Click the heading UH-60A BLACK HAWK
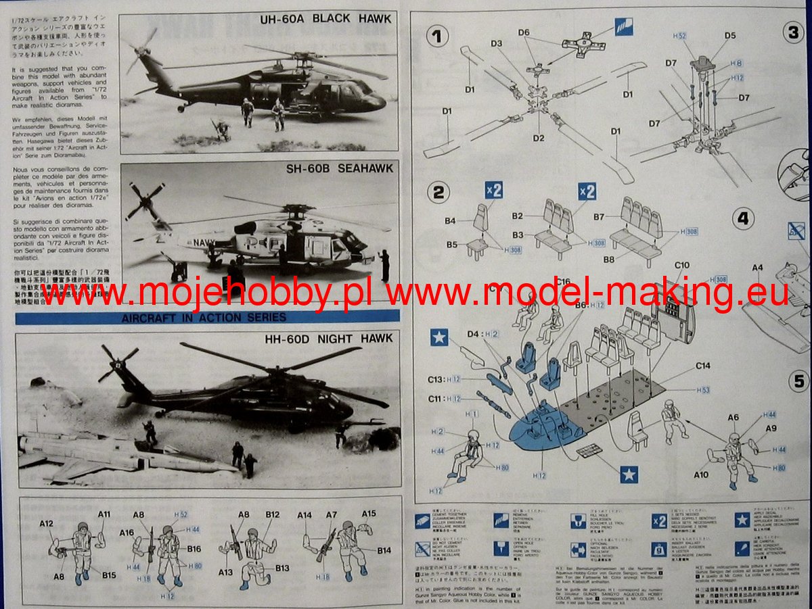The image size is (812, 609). click(325, 19)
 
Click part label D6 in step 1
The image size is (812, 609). click(524, 32)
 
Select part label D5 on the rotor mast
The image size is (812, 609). click(729, 35)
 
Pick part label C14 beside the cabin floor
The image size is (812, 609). click(703, 366)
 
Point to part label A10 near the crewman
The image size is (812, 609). click(700, 475)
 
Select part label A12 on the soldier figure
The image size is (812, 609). click(46, 523)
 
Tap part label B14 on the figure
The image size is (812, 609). click(384, 550)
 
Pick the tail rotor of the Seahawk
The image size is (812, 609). click(144, 200)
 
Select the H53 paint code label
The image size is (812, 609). click(704, 391)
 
